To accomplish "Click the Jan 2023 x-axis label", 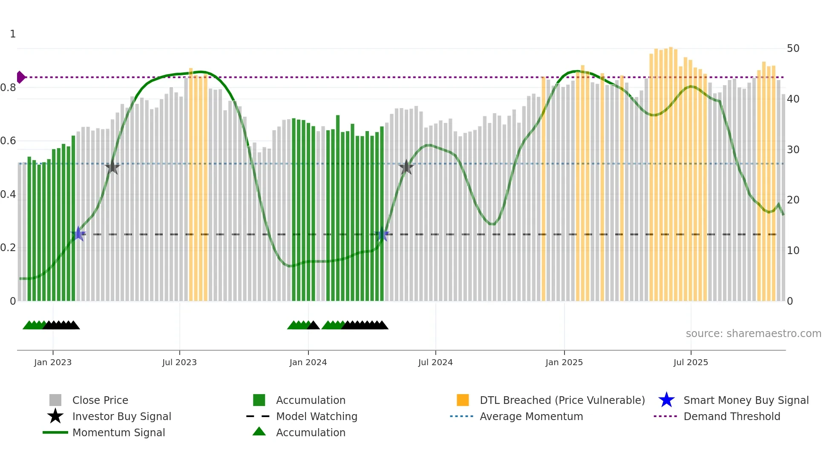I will pos(53,362).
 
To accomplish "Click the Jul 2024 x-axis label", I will pos(435,362).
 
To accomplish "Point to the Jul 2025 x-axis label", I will pos(691,362).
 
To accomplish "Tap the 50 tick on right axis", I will pos(793,49).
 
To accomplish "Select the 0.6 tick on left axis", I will pos(8,141).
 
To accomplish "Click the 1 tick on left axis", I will pos(13,34).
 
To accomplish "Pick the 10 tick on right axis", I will pos(793,251).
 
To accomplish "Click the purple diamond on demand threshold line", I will pos(20,77).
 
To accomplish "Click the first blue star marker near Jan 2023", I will pos(78,234).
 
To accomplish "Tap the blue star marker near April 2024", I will pos(382,234).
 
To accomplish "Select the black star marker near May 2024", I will pos(406,167).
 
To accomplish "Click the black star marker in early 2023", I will pos(112,167).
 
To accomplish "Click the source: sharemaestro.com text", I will pos(753,334).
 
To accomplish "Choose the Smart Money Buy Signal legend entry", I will pos(746,400).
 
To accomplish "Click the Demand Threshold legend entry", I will pos(731,416).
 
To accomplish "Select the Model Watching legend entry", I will pos(317,416).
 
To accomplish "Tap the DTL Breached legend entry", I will pos(562,400).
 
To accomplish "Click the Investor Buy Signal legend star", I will pos(55,416).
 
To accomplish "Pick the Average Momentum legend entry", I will pos(531,416).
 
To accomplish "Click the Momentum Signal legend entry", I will pos(118,432).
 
